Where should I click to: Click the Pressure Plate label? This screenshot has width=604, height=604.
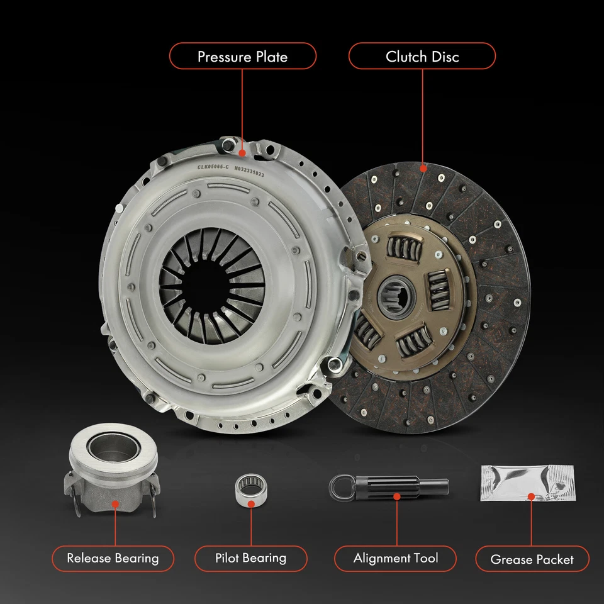[x=242, y=57]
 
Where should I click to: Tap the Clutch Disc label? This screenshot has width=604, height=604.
[x=422, y=57]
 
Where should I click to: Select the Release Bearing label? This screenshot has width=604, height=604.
[x=113, y=558]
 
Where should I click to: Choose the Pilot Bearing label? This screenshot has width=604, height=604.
[x=250, y=558]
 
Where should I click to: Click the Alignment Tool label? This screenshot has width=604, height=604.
[x=396, y=558]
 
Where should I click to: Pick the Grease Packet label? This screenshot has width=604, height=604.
[x=532, y=559]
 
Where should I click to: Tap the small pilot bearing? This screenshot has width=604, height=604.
[x=250, y=488]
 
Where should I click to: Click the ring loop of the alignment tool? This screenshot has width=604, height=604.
[x=339, y=486]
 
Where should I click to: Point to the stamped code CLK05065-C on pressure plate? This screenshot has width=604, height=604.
[x=213, y=167]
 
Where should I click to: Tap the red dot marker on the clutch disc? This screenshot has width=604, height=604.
[x=423, y=168]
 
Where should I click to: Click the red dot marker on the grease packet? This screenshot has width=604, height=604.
[x=531, y=497]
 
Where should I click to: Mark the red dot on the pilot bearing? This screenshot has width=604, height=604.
[x=250, y=503]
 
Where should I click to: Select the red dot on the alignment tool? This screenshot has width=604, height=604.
[x=397, y=496]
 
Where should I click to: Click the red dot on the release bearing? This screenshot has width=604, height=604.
[x=115, y=503]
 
